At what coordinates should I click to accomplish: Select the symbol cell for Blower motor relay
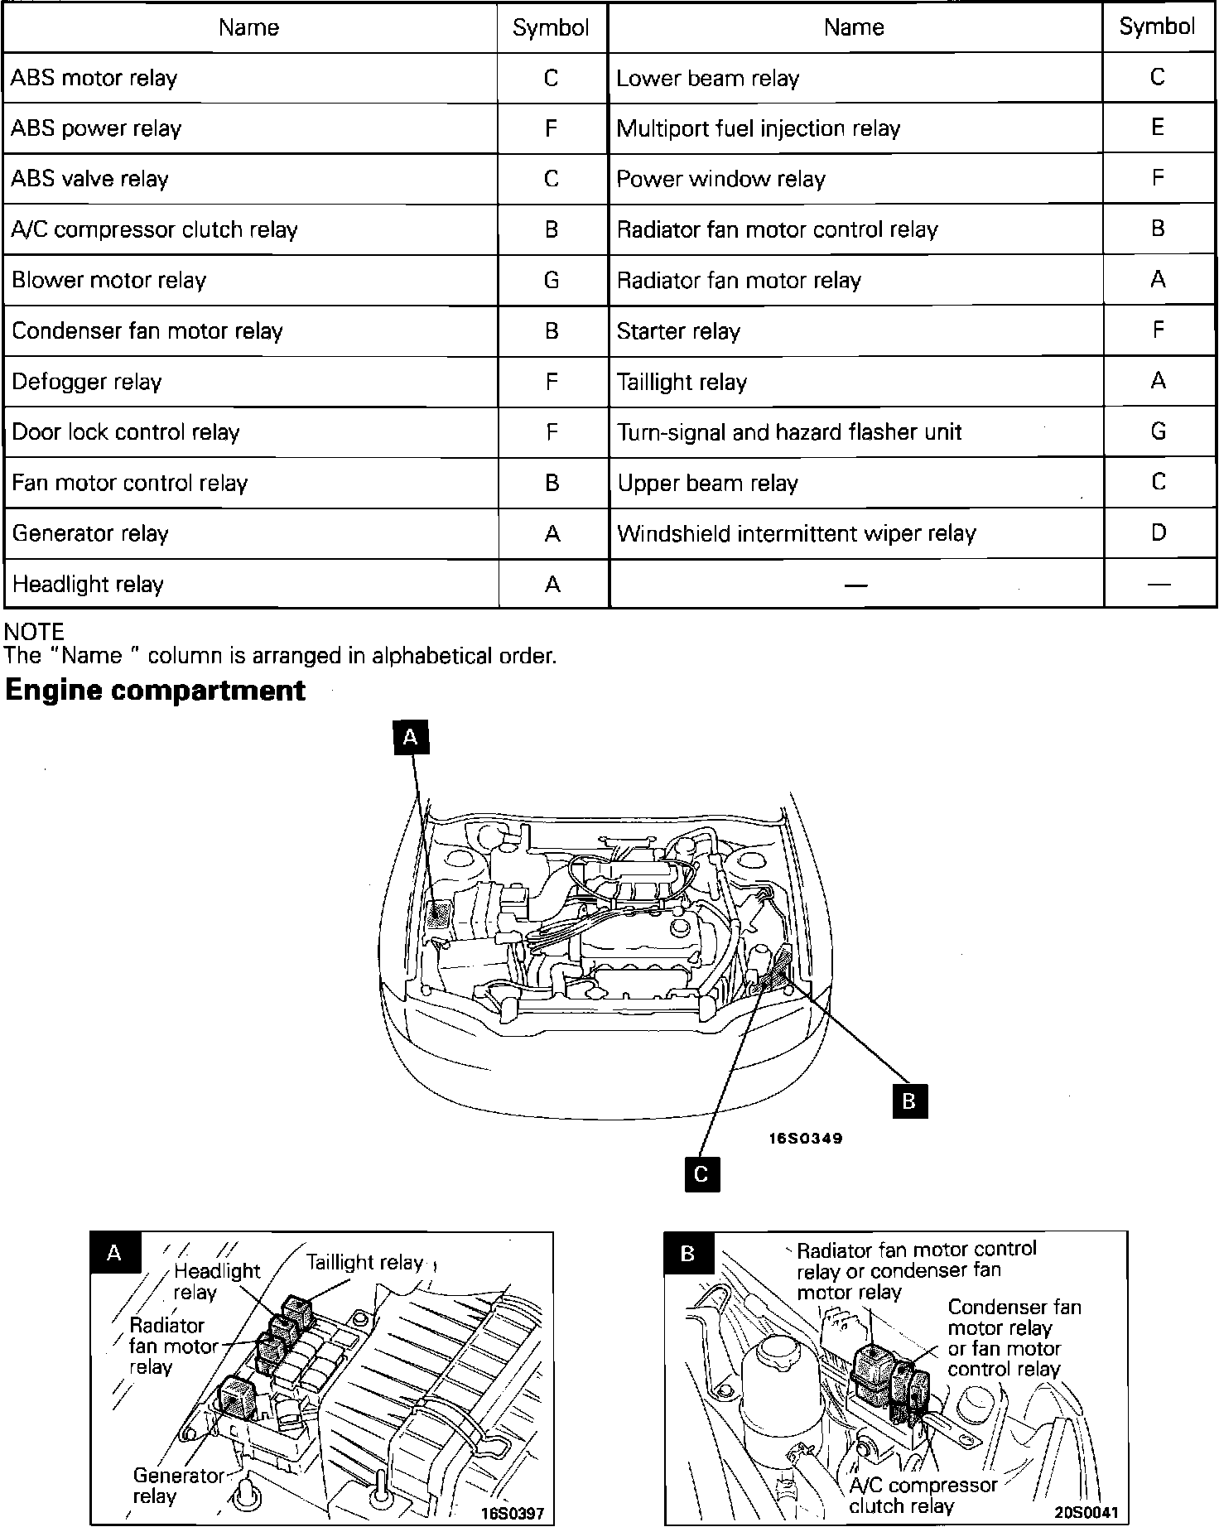[x=552, y=280]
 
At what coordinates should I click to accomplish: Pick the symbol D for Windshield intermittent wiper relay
[x=1158, y=532]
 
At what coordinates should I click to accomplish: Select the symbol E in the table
[x=1158, y=128]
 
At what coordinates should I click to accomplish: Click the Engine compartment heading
[x=156, y=691]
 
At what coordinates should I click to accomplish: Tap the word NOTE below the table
[x=34, y=632]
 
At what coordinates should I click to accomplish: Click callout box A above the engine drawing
[x=411, y=736]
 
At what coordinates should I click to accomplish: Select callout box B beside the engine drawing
[x=909, y=1101]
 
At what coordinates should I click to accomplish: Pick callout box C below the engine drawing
[x=701, y=1174]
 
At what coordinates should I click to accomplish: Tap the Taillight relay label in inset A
[x=364, y=1263]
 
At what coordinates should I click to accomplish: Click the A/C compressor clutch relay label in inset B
[x=923, y=1496]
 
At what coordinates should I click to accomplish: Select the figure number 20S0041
[x=1086, y=1512]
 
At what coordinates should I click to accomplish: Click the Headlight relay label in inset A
[x=217, y=1281]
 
